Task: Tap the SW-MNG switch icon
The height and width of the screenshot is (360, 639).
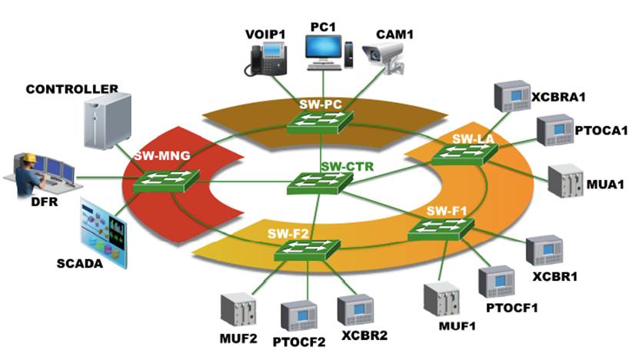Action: (165, 181)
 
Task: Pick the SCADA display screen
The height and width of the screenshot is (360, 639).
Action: (104, 231)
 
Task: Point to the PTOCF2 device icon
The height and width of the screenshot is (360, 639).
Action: (299, 315)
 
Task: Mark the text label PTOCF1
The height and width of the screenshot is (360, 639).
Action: (511, 308)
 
